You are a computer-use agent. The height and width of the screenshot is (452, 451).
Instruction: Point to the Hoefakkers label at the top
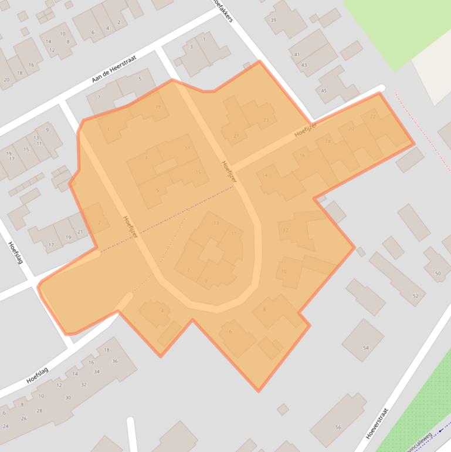pos(223,11)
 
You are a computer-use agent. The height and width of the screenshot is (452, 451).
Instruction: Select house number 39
pos(273,21)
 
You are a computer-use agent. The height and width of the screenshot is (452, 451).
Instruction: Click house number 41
pos(297,55)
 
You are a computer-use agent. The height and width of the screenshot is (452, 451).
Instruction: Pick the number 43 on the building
pos(304,65)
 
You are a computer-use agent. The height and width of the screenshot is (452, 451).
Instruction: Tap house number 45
pos(324,91)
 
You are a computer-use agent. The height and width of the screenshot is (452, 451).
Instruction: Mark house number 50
pos(438,274)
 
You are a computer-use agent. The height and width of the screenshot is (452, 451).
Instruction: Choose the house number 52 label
pos(415,296)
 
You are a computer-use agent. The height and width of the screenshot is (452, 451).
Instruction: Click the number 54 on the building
pos(365,348)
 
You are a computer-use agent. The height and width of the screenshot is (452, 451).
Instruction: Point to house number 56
pos(338,427)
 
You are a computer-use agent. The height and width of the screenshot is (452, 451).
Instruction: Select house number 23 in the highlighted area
pos(266,120)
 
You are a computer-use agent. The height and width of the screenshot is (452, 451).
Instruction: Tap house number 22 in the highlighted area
pos(373,117)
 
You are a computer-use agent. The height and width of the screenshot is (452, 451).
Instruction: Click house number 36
pos(115,361)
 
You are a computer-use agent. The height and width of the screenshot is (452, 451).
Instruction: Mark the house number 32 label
pos(84,385)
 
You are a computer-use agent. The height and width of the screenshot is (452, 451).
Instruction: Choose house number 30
pos(68,398)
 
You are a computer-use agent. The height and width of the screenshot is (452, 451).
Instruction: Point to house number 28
pos(40,410)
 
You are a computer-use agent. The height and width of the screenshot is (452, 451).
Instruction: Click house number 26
pos(23,419)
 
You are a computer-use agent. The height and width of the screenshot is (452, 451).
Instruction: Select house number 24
pos(5,426)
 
